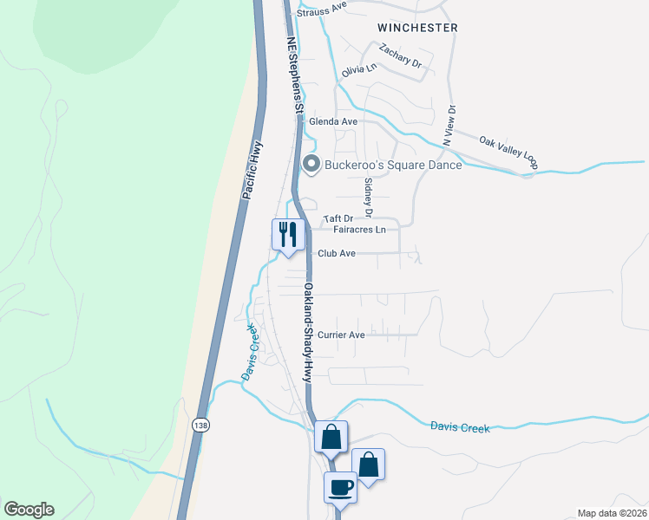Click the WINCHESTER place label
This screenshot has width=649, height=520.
click(x=417, y=28)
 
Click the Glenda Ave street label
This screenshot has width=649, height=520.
click(x=334, y=122)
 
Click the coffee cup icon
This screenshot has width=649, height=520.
click(x=340, y=487)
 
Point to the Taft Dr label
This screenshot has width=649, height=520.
click(x=338, y=219)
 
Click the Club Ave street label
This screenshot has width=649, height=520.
click(x=338, y=254)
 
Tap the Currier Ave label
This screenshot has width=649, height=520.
click(x=341, y=335)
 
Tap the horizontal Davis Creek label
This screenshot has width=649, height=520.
click(x=460, y=427)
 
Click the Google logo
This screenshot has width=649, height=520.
click(x=29, y=510)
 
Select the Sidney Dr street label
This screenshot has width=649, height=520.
click(x=368, y=198)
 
